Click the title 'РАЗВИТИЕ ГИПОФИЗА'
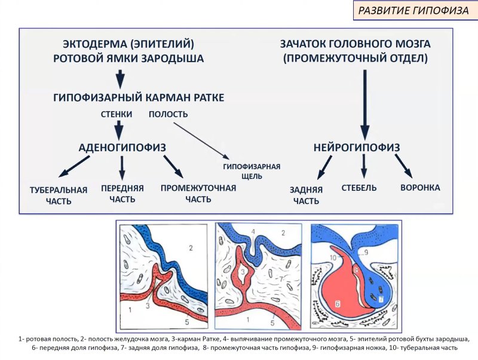point(413,10)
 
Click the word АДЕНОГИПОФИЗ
point(122,147)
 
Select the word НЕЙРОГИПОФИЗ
point(357,147)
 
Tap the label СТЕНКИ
point(117,114)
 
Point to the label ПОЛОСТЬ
point(168,114)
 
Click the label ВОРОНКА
point(420,187)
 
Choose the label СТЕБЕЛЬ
point(359,187)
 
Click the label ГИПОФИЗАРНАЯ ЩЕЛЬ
point(252,171)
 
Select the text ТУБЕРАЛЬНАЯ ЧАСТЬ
point(59,196)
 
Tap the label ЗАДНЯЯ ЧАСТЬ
point(306,196)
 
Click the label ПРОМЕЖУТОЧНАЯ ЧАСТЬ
point(198,193)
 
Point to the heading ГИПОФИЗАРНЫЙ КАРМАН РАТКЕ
point(139,97)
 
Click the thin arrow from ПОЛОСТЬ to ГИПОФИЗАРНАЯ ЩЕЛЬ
point(201,141)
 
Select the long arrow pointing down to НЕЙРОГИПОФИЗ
point(365,105)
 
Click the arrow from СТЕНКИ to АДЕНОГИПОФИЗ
point(119,130)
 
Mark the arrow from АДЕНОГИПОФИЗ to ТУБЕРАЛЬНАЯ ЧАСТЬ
point(74,166)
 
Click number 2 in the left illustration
point(191,248)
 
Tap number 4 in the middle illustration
point(253,231)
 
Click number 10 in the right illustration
point(333,258)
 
